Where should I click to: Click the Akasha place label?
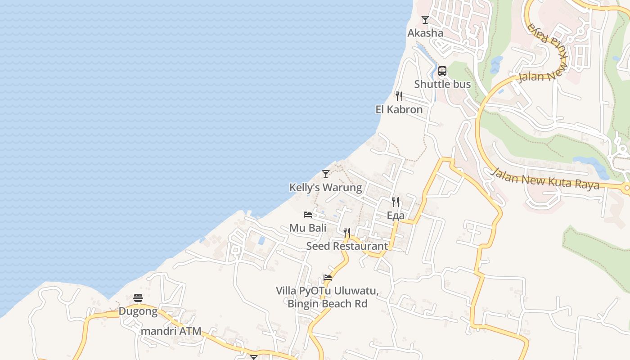(x=425, y=33)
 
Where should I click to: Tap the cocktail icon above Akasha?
(x=425, y=20)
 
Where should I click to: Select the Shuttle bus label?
(x=442, y=84)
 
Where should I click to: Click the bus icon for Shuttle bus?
(x=442, y=71)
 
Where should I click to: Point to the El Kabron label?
(x=399, y=109)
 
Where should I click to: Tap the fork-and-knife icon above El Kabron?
(x=399, y=96)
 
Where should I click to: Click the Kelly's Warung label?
(x=325, y=187)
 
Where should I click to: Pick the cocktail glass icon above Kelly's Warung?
(x=326, y=174)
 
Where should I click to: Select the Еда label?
(x=396, y=216)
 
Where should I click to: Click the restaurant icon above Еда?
(x=396, y=202)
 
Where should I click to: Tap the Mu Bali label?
(x=308, y=228)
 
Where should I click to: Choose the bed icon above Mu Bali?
(x=308, y=215)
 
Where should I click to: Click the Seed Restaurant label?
(x=347, y=246)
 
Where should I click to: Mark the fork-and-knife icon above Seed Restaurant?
(x=347, y=233)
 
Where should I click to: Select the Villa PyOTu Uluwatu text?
(x=327, y=291)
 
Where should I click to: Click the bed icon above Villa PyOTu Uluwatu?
(x=328, y=278)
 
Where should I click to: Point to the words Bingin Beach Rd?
(x=327, y=304)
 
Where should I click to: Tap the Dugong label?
(x=138, y=311)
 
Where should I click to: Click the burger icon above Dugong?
(x=138, y=298)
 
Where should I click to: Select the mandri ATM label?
(x=171, y=331)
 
